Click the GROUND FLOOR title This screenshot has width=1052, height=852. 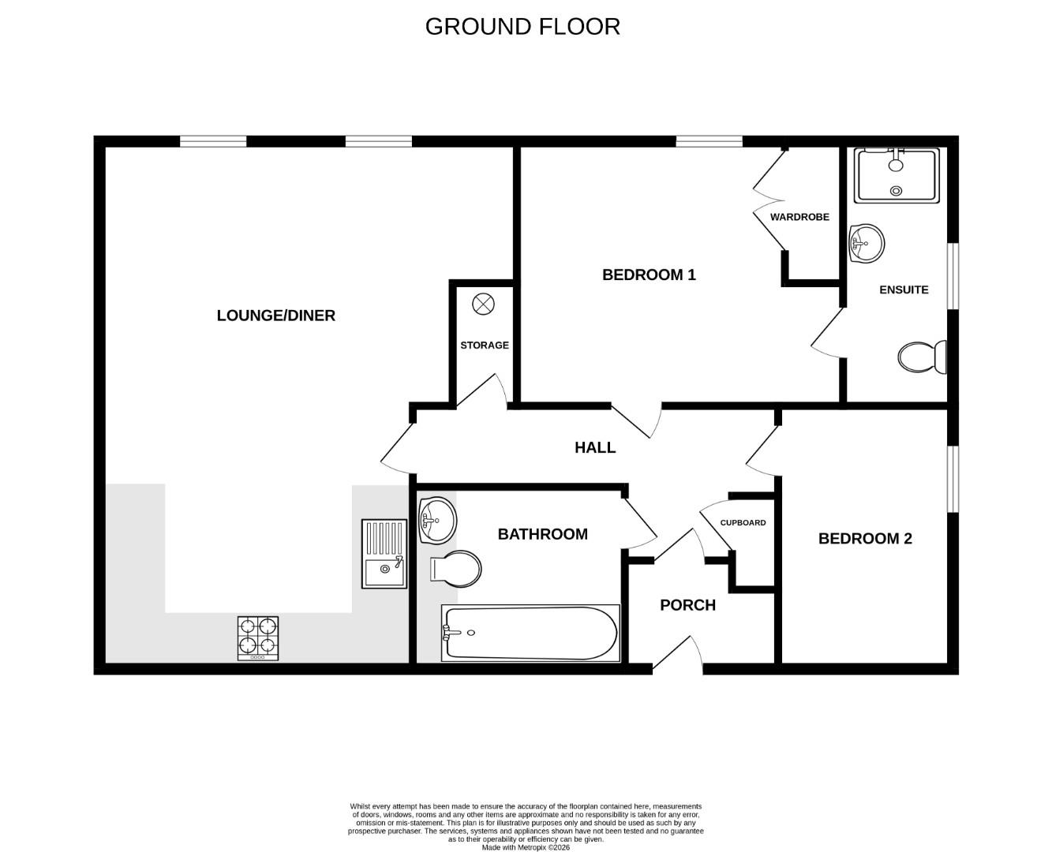tap(522, 27)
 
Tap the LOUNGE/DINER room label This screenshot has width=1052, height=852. tap(275, 316)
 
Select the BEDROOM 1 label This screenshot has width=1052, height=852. tap(649, 275)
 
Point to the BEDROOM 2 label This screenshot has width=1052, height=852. tap(865, 539)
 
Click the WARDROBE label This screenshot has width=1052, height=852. tap(799, 217)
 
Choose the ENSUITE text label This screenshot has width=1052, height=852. tap(904, 290)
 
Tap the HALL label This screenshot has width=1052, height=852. tap(595, 448)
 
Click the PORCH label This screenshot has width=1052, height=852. tap(687, 605)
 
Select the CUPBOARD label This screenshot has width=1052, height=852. tap(743, 523)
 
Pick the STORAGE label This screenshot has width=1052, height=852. tap(485, 346)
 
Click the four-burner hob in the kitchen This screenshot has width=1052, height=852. tap(258, 638)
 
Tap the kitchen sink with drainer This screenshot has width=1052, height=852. tap(384, 554)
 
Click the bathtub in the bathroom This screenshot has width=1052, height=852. tap(530, 633)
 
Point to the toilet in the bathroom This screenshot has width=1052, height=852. tap(456, 568)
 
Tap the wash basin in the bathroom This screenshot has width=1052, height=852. tap(436, 520)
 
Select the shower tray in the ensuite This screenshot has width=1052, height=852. tap(897, 175)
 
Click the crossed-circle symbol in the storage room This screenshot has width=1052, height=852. tap(482, 304)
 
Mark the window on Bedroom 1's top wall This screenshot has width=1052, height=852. tap(709, 142)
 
